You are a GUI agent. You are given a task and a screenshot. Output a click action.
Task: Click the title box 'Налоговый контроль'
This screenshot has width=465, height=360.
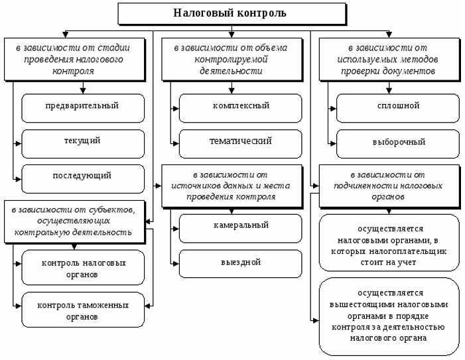231,13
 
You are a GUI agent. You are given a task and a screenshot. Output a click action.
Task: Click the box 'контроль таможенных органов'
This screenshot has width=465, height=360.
82,310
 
